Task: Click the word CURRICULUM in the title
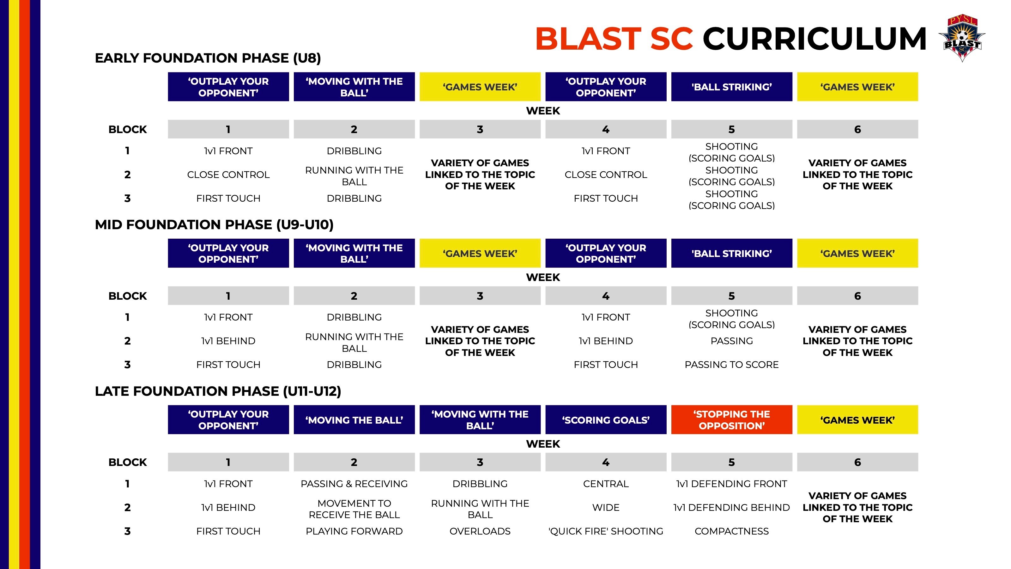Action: coord(814,39)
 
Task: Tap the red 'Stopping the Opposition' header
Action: coord(732,420)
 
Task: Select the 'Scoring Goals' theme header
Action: coord(606,420)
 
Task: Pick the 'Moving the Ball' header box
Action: coord(354,420)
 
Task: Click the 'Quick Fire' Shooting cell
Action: coord(606,531)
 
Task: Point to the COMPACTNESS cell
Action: coord(732,531)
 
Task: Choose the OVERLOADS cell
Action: coord(480,531)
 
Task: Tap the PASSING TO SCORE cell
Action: coord(732,365)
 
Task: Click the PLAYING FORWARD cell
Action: coord(354,531)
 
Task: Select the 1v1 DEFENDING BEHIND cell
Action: coord(732,508)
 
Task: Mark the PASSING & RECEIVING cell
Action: coord(354,484)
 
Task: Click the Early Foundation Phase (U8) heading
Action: coord(208,58)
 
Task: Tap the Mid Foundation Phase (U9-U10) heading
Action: coord(214,225)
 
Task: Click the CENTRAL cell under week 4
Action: coord(606,484)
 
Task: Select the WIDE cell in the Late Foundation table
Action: coord(606,508)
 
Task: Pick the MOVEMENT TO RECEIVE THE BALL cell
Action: coord(354,509)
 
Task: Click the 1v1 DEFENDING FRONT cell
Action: coord(732,484)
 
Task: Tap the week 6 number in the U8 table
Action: coord(857,129)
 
